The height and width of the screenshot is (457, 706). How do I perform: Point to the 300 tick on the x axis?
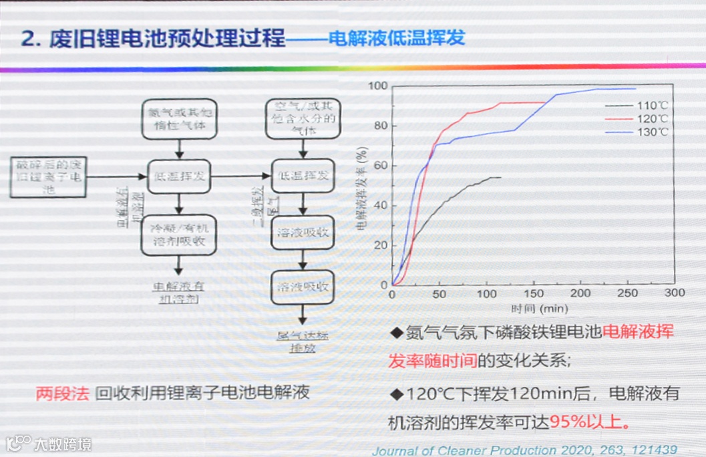pos(675,293)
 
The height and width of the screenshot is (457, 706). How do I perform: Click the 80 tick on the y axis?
pos(380,126)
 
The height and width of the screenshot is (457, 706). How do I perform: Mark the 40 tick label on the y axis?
pos(380,205)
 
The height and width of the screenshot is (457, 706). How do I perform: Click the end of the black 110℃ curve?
pos(500,177)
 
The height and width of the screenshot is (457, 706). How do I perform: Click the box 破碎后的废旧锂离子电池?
pos(49,176)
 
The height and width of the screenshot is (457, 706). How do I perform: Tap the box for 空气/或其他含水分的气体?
pos(302,119)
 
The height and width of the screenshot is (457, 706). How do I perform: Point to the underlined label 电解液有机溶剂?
pos(178,293)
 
